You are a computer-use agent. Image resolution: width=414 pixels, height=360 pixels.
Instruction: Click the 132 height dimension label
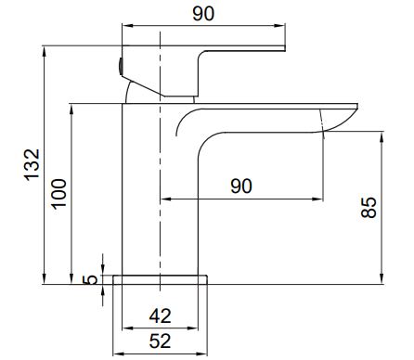click(x=32, y=165)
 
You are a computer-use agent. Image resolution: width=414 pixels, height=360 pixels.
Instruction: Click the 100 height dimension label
click(x=59, y=194)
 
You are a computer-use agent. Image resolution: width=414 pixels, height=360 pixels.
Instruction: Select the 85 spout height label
click(x=369, y=208)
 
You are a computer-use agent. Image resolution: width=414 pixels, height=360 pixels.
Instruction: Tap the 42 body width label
click(x=160, y=316)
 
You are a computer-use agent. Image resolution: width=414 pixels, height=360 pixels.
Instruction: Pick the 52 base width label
click(x=160, y=341)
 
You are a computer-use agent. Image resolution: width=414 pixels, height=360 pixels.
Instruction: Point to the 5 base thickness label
click(x=90, y=280)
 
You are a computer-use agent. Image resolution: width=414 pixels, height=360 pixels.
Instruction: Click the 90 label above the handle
click(x=203, y=14)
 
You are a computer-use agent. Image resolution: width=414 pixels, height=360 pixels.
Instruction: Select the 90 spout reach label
click(x=241, y=186)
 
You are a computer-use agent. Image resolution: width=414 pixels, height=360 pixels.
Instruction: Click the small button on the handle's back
click(x=120, y=67)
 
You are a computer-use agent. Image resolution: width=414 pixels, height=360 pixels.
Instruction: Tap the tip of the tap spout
click(x=357, y=107)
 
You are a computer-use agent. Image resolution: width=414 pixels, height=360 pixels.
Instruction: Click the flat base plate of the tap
click(x=160, y=279)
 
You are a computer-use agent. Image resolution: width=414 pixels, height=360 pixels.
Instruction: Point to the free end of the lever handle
click(x=284, y=48)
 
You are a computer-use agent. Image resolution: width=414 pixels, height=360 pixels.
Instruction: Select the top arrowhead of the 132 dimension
click(x=45, y=51)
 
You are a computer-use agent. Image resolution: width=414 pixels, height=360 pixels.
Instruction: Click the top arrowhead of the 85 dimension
click(x=382, y=137)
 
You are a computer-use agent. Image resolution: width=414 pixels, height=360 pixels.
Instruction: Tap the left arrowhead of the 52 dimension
click(x=118, y=354)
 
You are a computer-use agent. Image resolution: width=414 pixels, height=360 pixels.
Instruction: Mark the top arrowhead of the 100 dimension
click(x=71, y=109)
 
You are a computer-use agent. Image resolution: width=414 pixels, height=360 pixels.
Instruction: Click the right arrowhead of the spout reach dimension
click(x=317, y=199)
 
